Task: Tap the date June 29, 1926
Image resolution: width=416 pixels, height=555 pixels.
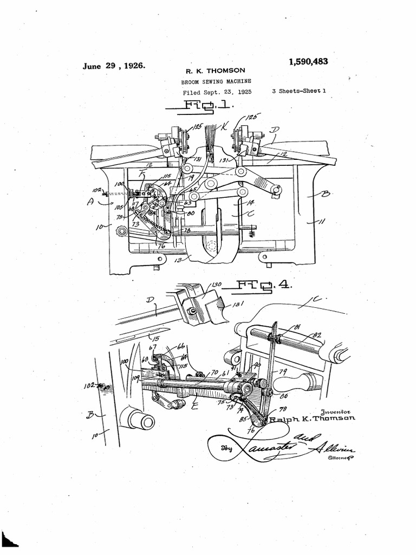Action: [x=113, y=66]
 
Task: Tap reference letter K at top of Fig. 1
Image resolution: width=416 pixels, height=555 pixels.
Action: [x=224, y=126]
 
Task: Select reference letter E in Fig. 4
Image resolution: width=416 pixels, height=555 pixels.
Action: [x=193, y=404]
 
